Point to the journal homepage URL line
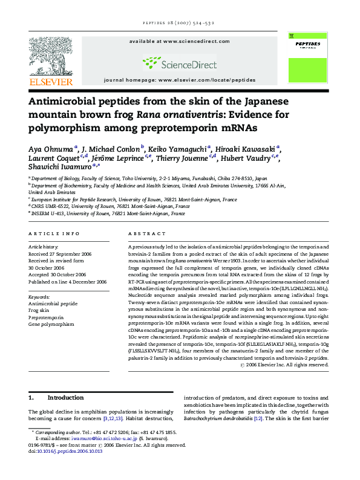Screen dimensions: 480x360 [x=180, y=80]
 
